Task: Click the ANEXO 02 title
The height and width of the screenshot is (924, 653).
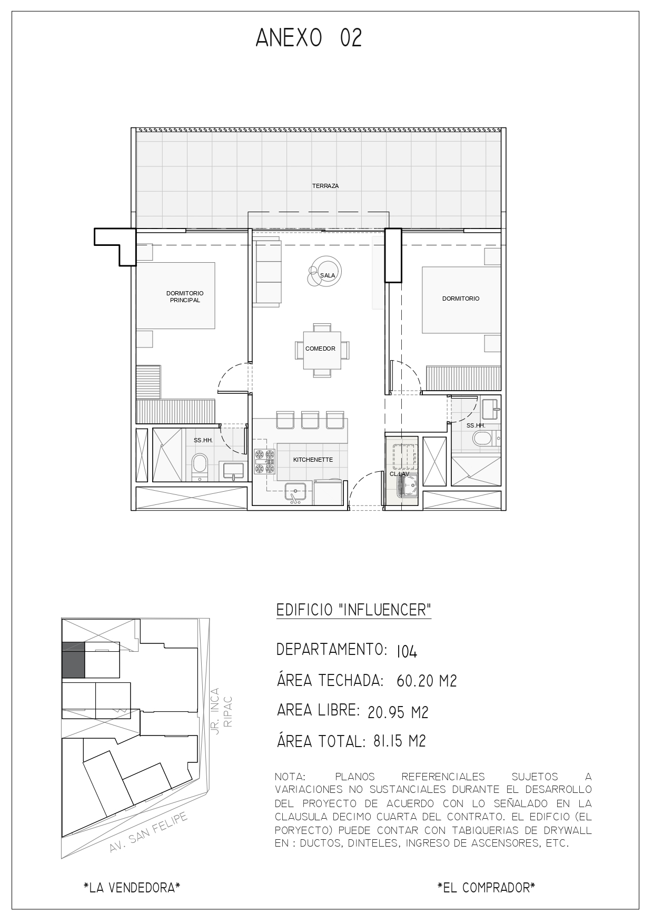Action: [x=309, y=38]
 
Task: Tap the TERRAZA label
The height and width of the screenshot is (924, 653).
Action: [x=325, y=186]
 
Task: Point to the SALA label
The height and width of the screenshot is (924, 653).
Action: [x=328, y=275]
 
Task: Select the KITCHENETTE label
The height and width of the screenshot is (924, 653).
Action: [x=313, y=460]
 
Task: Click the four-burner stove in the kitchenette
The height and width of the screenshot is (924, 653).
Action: [x=264, y=461]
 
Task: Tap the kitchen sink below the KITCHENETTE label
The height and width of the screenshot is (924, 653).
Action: [x=295, y=493]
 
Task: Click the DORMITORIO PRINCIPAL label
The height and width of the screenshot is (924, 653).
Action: [x=185, y=296]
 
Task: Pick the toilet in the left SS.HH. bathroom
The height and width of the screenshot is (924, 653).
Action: [x=200, y=466]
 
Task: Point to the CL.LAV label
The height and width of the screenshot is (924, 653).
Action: [x=399, y=474]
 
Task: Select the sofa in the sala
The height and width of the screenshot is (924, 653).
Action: [x=268, y=271]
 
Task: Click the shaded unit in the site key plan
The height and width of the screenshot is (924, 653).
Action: [x=73, y=660]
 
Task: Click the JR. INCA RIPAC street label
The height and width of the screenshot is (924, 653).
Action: [x=221, y=712]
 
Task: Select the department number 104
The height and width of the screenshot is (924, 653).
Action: [x=407, y=652]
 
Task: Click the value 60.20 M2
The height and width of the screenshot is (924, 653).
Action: [x=427, y=681]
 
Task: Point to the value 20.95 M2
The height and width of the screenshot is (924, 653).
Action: [x=398, y=712]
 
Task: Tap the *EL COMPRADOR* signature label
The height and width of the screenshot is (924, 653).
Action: [x=486, y=888]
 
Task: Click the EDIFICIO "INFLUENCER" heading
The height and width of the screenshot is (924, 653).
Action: [x=354, y=610]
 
